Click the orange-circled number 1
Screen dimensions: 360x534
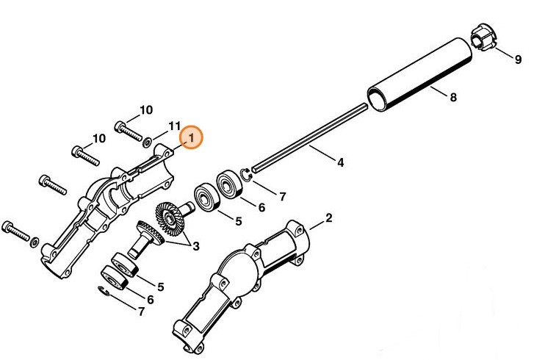point(190,137)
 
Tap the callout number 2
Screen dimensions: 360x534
point(329,217)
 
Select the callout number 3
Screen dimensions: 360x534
point(196,247)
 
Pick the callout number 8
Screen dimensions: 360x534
point(452,97)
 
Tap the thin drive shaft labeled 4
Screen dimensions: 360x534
point(309,135)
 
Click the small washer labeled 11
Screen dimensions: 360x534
point(148,140)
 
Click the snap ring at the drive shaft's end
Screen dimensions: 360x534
point(248,174)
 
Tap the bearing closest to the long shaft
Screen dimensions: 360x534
point(229,183)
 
